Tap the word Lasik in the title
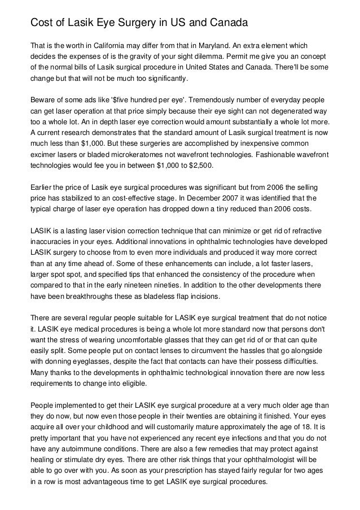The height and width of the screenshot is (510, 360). (x=85, y=24)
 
